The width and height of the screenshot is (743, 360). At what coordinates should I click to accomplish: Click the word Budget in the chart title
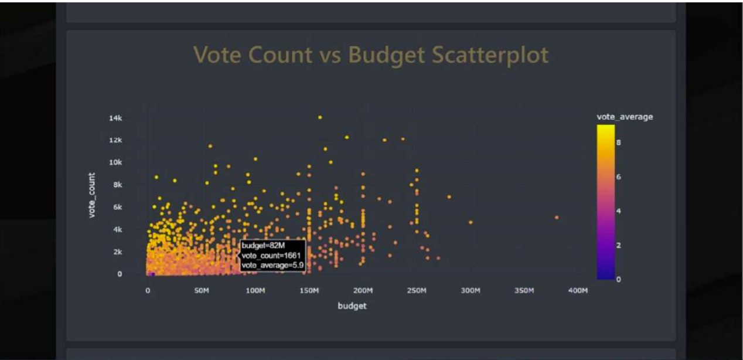387,55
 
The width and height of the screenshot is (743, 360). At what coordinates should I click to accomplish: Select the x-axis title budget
352,305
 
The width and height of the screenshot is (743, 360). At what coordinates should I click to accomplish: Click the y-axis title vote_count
92,195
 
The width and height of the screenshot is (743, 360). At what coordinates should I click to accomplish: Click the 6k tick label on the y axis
117,207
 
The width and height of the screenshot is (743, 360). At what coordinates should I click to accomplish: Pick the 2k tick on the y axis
117,252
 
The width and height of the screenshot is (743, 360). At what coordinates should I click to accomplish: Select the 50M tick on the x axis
201,291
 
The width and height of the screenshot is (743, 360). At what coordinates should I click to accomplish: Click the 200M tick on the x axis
362,291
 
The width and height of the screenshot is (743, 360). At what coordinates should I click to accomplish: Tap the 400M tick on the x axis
578,291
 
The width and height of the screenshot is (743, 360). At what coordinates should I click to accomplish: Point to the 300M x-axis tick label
470,291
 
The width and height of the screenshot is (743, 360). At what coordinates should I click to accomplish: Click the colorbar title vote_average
625,117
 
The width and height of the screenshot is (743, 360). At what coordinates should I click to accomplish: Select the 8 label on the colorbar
618,142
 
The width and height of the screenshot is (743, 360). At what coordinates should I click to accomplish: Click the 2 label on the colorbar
618,245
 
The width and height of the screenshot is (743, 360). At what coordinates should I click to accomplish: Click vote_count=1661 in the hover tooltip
271,256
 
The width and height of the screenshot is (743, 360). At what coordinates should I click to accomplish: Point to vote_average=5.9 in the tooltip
272,266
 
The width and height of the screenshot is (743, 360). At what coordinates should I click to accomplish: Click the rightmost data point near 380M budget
556,218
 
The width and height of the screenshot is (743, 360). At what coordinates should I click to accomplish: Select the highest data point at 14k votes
320,117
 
